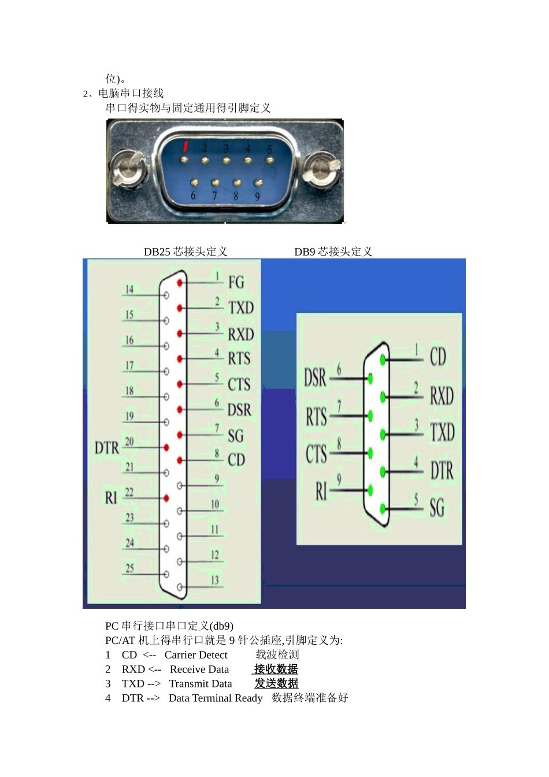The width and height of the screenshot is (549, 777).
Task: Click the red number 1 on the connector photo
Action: (186, 146)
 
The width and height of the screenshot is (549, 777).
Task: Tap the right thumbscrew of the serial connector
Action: (322, 169)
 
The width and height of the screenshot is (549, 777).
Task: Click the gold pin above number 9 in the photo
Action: (258, 183)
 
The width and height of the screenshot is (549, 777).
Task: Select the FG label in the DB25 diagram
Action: (236, 282)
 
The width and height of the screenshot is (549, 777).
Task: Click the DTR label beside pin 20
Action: (107, 447)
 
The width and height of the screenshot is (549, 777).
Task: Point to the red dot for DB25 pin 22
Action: (166, 498)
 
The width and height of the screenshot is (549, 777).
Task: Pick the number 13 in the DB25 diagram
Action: (215, 580)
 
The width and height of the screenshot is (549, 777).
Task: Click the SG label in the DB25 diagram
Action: (235, 435)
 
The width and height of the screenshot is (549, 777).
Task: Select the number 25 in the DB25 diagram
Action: (129, 568)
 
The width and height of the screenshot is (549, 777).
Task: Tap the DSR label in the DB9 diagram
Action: (316, 377)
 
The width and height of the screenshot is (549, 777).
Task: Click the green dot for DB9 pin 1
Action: (383, 360)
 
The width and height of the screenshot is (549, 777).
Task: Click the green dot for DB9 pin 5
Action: (383, 509)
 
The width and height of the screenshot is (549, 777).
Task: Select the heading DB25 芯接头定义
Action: (186, 252)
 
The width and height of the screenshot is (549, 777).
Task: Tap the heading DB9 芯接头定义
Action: (333, 252)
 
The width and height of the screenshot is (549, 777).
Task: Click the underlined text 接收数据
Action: (276, 669)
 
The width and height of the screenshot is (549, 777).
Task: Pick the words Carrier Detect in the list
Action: (196, 655)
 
